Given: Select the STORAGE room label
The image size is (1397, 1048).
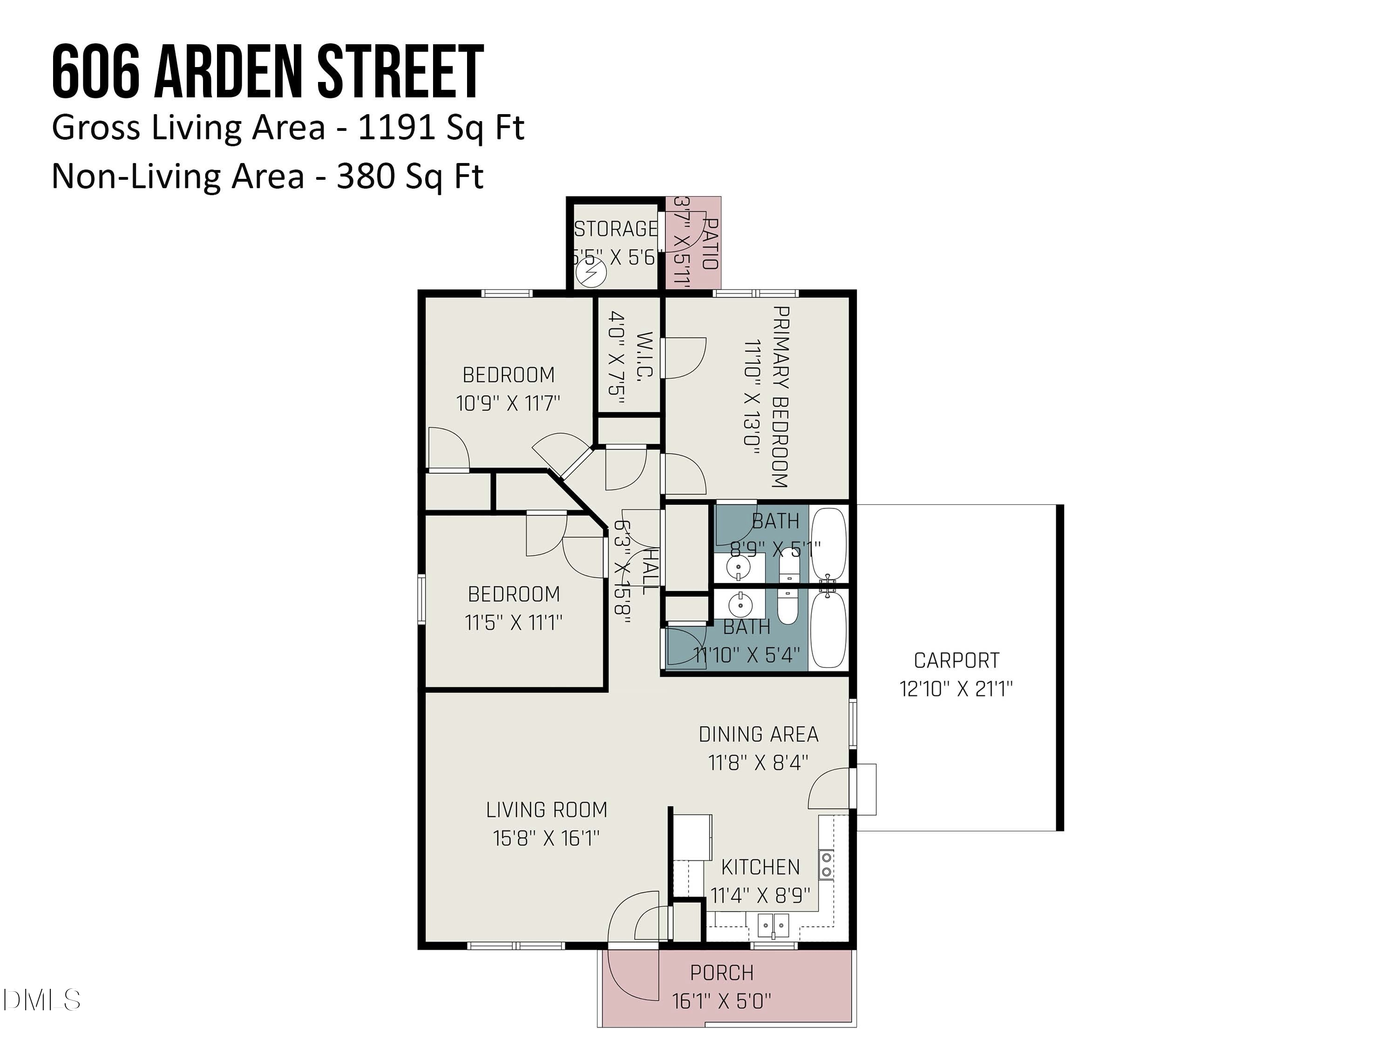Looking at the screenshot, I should [616, 229].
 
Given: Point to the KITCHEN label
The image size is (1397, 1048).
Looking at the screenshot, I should [760, 867].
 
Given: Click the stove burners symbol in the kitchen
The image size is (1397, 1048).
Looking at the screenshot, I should [826, 865].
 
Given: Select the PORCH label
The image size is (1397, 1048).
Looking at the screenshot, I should [721, 973].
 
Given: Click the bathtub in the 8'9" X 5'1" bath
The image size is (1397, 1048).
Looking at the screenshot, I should [828, 544].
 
